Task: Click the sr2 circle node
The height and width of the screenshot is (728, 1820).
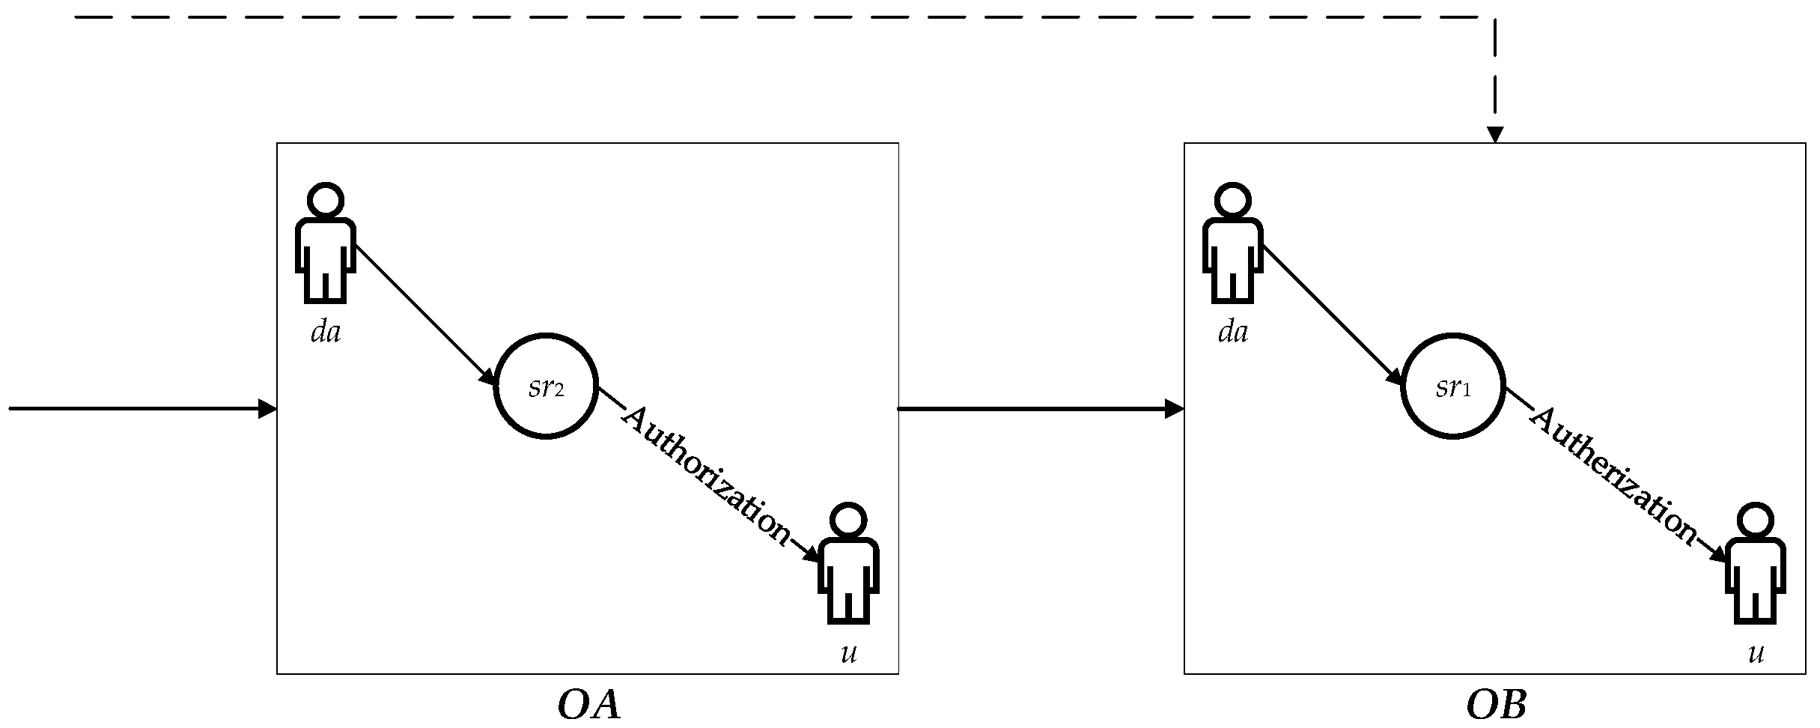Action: pos(546,386)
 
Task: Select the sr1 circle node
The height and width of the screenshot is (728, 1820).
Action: pos(1453,386)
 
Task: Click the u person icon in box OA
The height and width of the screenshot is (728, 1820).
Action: pos(848,563)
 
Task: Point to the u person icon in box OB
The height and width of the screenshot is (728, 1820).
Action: pos(1756,563)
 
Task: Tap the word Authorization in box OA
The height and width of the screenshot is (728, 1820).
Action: pos(706,476)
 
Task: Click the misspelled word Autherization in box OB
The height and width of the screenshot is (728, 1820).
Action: pos(1613,476)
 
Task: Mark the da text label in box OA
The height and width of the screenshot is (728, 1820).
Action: pos(326,332)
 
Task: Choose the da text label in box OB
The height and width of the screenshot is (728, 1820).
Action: pos(1233,332)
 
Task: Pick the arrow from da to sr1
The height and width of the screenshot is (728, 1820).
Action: pos(1330,313)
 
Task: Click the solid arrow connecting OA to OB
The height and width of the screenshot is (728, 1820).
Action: pos(1041,409)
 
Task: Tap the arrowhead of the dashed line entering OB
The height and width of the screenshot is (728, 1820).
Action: pos(1495,135)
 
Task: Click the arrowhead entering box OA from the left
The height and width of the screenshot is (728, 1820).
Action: pos(268,409)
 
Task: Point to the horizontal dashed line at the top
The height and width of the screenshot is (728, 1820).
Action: pos(749,16)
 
